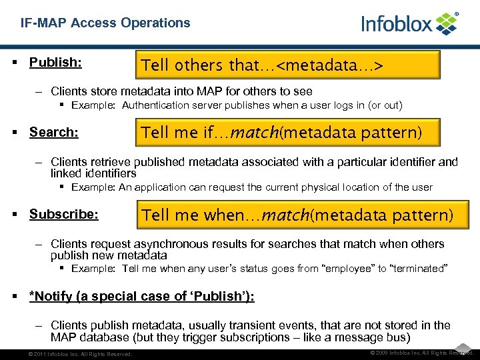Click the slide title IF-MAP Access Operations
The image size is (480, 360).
coord(105,23)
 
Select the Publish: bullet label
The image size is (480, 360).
coord(55,62)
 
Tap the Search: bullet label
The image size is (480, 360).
coord(54,132)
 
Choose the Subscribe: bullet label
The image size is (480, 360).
coord(64,215)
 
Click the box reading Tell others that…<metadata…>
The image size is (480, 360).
coord(288,65)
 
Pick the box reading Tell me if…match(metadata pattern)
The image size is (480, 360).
coord(288,133)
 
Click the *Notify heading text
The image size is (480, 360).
coord(141,296)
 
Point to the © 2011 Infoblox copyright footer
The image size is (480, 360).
coord(77,354)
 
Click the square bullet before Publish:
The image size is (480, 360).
coord(15,62)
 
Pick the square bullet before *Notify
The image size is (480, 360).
coord(15,296)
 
